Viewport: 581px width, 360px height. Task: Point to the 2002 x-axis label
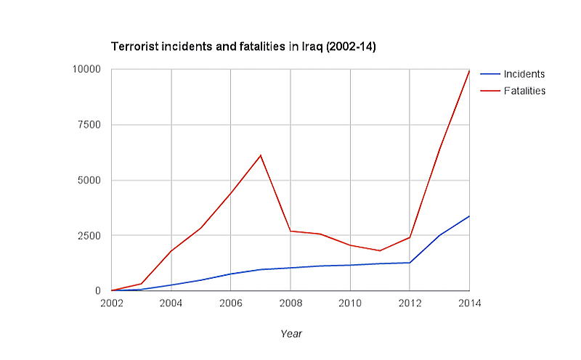tap(111, 303)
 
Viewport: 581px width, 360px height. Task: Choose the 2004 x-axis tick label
tap(171, 303)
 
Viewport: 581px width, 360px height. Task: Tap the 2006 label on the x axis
tap(230, 303)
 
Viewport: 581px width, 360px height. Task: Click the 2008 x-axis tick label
tap(290, 303)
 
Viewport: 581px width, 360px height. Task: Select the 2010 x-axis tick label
tap(350, 303)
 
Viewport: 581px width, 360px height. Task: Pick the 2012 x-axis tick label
tap(410, 303)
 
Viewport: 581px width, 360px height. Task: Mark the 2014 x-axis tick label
tap(468, 303)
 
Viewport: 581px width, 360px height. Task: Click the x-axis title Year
tap(290, 334)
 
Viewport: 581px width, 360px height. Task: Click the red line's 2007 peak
tap(260, 155)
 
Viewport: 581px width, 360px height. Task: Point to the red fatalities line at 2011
tap(380, 250)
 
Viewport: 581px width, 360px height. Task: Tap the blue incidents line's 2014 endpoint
tap(469, 216)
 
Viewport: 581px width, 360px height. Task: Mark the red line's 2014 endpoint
tap(469, 71)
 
